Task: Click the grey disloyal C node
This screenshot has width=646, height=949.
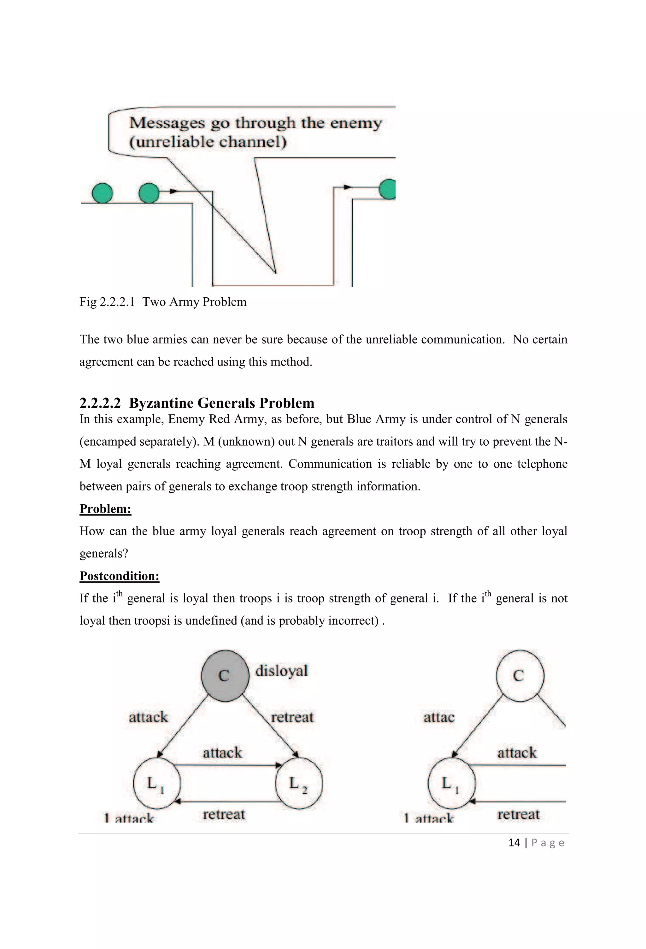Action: point(225,676)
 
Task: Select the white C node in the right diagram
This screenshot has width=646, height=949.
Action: point(520,676)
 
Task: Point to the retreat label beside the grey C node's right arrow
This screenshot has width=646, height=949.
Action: point(292,717)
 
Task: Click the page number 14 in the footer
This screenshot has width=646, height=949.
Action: point(514,842)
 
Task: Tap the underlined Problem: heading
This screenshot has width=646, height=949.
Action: point(105,509)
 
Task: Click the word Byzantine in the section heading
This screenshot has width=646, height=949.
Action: point(161,403)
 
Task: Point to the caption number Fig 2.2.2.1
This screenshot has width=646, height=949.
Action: point(107,302)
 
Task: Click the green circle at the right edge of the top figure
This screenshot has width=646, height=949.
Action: point(388,189)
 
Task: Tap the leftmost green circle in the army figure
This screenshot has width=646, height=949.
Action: point(102,193)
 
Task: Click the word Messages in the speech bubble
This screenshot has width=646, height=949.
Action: point(167,122)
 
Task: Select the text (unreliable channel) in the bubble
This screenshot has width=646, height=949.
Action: point(208,142)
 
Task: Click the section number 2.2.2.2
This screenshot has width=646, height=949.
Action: point(100,403)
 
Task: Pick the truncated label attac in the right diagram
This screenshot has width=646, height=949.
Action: point(439,717)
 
